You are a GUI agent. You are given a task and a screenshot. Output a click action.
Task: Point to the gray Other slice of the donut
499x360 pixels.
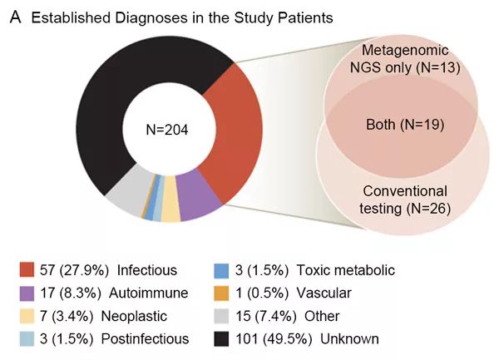[x=125, y=198]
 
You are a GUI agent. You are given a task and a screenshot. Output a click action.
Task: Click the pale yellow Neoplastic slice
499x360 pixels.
[x=170, y=210]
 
